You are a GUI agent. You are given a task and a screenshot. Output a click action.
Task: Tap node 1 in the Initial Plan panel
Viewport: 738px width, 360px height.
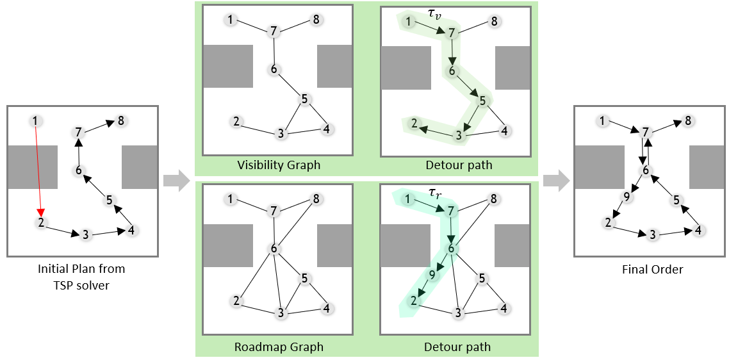coord(35,120)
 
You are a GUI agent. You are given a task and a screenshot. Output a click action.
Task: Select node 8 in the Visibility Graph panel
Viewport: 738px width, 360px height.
coord(316,20)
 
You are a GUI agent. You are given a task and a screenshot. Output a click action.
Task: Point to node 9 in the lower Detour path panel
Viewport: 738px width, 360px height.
coord(432,275)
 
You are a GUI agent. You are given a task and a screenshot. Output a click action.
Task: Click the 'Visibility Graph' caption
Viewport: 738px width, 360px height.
coord(278,165)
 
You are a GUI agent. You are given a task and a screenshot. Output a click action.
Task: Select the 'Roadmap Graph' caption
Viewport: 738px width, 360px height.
coord(278,347)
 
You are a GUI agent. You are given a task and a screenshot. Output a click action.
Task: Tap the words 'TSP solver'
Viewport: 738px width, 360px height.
coord(81,285)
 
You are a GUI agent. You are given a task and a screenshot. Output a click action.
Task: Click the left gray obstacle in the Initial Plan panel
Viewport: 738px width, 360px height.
coord(32,167)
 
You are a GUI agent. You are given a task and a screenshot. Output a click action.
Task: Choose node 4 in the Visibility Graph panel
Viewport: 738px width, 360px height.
coord(327,129)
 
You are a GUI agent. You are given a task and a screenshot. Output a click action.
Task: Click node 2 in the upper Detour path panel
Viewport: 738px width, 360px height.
coord(414,123)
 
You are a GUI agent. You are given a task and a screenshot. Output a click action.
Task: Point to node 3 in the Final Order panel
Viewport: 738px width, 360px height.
coord(653,234)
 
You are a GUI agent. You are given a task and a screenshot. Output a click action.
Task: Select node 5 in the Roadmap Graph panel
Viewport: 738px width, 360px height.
coord(304,278)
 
